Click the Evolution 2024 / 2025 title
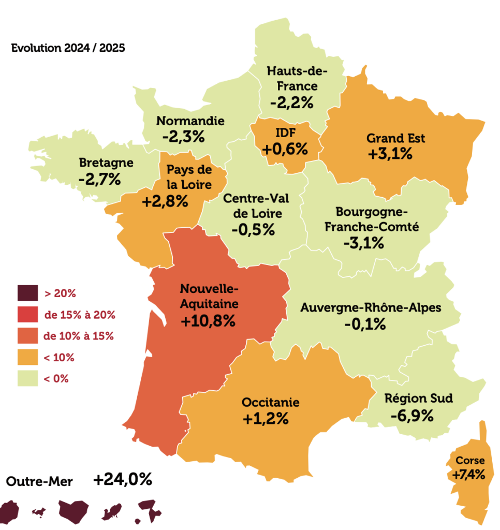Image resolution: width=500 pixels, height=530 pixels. pos(68,49)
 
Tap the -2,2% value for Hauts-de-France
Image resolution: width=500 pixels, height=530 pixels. pos(292,102)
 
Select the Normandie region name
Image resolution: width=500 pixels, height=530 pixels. pos(190,121)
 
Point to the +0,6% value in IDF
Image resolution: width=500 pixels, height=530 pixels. pos(285,149)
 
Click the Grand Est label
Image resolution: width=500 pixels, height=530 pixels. pos(395,138)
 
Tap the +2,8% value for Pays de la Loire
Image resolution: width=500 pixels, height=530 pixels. pos(165,201)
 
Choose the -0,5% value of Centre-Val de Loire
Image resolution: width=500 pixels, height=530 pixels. pos(253,229)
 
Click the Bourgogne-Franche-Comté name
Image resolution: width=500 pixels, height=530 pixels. pos(372,219)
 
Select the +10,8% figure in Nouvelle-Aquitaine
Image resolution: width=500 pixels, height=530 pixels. pos(209,321)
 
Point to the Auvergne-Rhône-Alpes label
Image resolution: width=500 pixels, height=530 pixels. pos(371,308)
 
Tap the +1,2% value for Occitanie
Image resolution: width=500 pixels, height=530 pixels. pos(265,418)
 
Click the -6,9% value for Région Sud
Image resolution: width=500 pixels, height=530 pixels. pos(411,416)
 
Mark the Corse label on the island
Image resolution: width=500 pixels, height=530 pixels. pos(470,460)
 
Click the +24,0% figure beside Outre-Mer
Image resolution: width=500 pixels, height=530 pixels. pos(123,480)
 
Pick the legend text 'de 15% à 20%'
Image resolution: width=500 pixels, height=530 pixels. pos(79,315)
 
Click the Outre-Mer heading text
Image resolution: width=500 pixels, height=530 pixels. pos(39,481)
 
